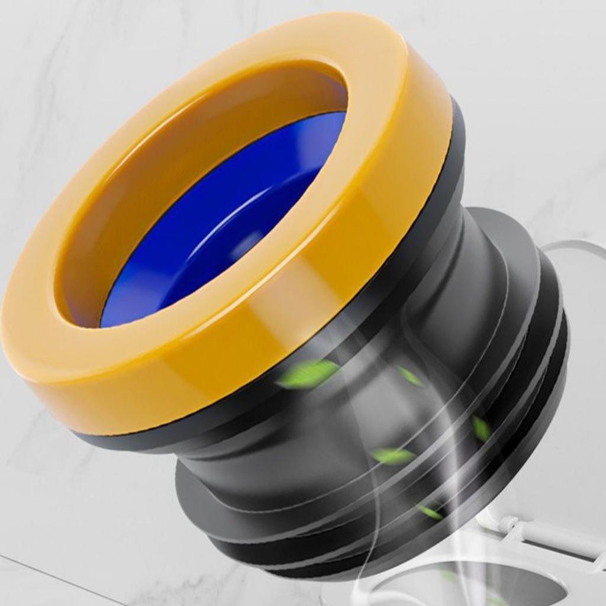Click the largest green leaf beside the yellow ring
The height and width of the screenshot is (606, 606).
[307, 374]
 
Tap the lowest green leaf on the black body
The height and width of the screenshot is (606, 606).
[430, 512]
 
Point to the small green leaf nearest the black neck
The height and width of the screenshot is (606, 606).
[410, 376]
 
